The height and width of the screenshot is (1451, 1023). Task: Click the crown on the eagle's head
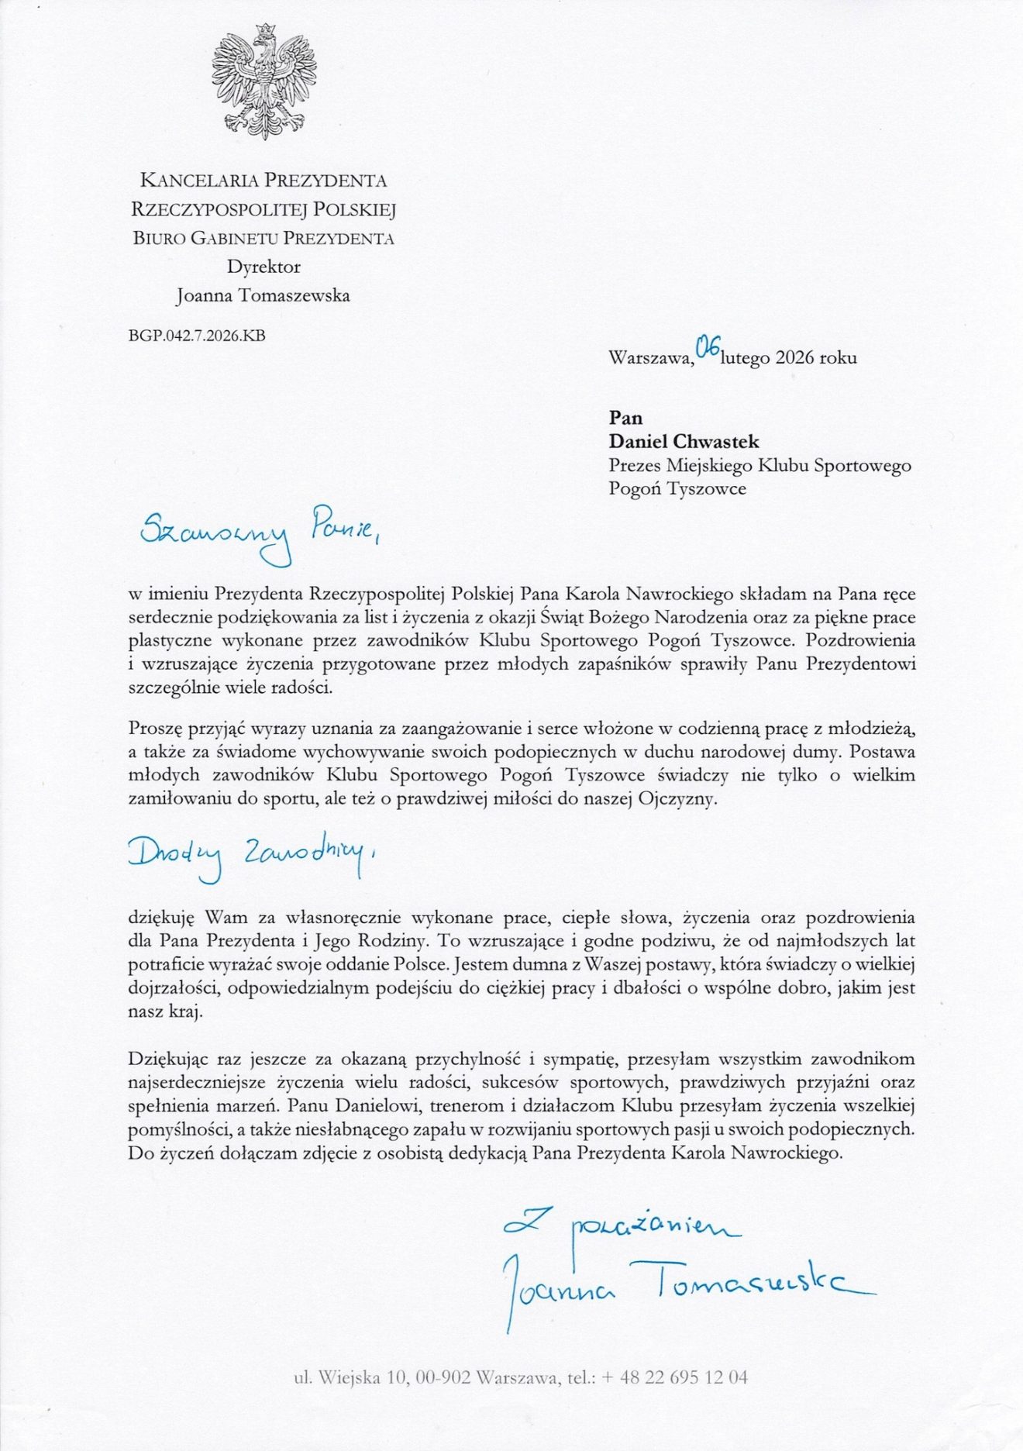(x=266, y=31)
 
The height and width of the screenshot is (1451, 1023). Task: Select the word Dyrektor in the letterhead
(x=263, y=267)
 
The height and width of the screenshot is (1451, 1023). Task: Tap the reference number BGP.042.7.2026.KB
(x=197, y=336)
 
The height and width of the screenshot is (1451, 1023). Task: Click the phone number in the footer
(x=674, y=1377)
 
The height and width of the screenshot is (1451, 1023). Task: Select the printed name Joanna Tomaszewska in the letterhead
(x=263, y=295)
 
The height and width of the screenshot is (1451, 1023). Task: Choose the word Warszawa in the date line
(x=649, y=358)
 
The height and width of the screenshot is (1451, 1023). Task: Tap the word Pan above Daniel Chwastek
(x=625, y=418)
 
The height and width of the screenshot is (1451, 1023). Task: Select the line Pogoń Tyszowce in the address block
(x=677, y=488)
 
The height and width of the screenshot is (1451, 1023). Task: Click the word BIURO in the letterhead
(x=158, y=238)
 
